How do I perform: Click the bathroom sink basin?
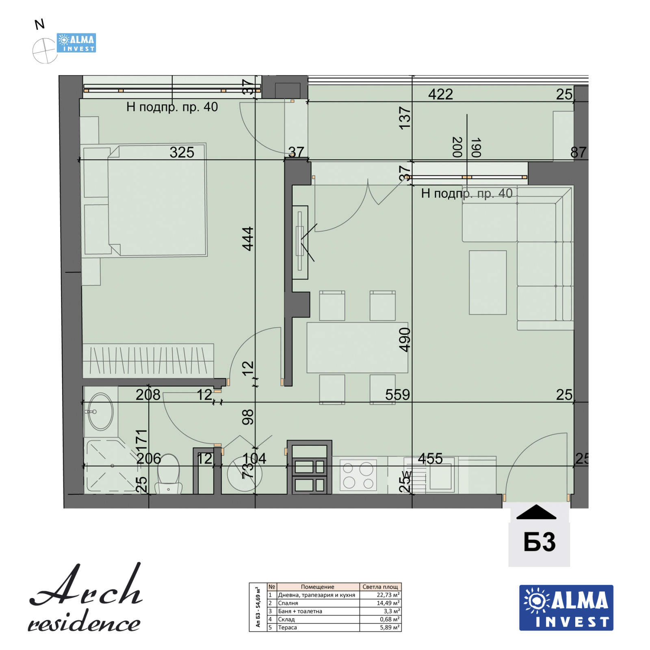pos(101,412)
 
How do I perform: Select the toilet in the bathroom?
pos(168,473)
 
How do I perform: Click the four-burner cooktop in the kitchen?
pos(358,475)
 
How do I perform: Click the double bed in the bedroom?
pos(156,201)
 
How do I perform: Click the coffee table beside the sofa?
pos(487,282)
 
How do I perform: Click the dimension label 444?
pos(248,239)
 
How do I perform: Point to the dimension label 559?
pos(397,395)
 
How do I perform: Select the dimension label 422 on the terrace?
pos(440,94)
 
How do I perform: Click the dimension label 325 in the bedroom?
pos(182,152)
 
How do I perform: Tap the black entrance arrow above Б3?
pos(536,512)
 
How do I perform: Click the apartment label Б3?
pos(539,542)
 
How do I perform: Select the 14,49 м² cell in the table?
pos(380,603)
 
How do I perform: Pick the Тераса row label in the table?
pos(288,627)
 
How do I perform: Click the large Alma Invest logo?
pos(566,607)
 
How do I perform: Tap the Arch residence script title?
pos(85,599)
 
